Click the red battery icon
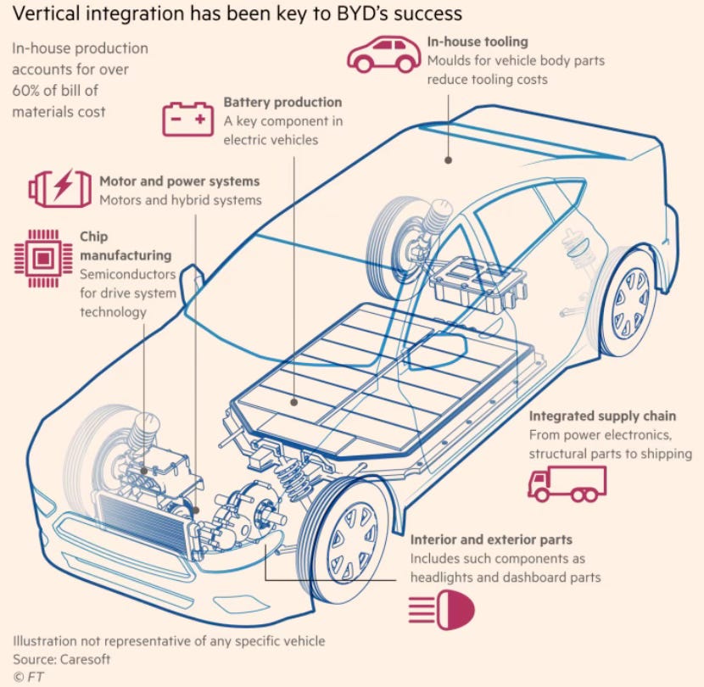pyautogui.click(x=188, y=119)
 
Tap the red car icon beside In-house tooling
pyautogui.click(x=384, y=54)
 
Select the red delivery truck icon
pyautogui.click(x=567, y=484)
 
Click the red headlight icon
pyautogui.click(x=441, y=610)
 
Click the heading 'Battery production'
pyautogui.click(x=282, y=103)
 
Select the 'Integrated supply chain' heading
pyautogui.click(x=602, y=416)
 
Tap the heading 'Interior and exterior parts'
pyautogui.click(x=491, y=539)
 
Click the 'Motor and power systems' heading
pyautogui.click(x=179, y=182)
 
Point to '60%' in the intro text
pyautogui.click(x=29, y=89)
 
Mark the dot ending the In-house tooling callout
pyautogui.click(x=449, y=159)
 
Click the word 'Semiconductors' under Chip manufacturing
pyautogui.click(x=128, y=274)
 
